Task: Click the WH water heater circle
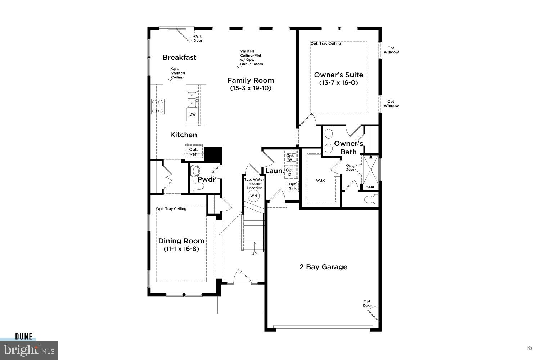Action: point(254,195)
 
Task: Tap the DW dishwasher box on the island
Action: point(193,114)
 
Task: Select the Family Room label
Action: point(251,80)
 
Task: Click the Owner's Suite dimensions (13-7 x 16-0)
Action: point(338,83)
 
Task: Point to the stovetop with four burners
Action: point(157,107)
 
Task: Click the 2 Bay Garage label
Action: point(323,267)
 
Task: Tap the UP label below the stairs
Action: point(254,254)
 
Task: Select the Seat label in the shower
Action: point(370,187)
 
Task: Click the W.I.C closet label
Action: point(321,180)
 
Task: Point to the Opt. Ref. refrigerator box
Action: point(193,152)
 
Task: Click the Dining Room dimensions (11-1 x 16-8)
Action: point(181,249)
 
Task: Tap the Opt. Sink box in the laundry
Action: point(293,186)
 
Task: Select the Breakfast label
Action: point(179,57)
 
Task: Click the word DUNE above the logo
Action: point(24,337)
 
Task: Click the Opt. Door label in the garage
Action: point(367,303)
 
